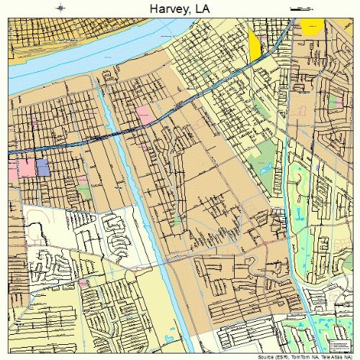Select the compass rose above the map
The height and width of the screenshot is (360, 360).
pyautogui.click(x=61, y=7)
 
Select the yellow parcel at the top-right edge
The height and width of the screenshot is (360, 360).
pyautogui.click(x=311, y=27)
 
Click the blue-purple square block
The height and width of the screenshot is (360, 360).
pyautogui.click(x=42, y=168)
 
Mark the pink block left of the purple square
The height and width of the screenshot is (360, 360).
pyautogui.click(x=27, y=168)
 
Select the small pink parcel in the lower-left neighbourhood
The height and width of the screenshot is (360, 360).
pyautogui.click(x=84, y=283)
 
